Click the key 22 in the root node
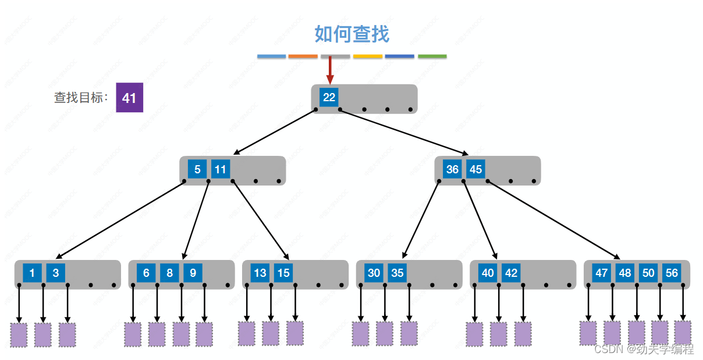coord(329,97)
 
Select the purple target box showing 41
coord(129,98)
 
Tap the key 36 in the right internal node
coord(452,169)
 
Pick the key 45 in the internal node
coord(475,169)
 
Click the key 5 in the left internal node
coord(197,169)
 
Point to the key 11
coord(221,169)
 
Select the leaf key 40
coord(488,273)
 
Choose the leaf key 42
coord(511,273)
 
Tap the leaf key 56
coord(672,273)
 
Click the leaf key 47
coord(602,273)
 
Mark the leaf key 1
coord(32,273)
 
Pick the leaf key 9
coord(193,273)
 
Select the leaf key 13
coord(260,273)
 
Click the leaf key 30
coord(374,273)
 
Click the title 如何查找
coord(351,34)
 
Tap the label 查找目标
coord(81,98)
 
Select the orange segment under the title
coord(303,56)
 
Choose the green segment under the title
coord(432,56)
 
